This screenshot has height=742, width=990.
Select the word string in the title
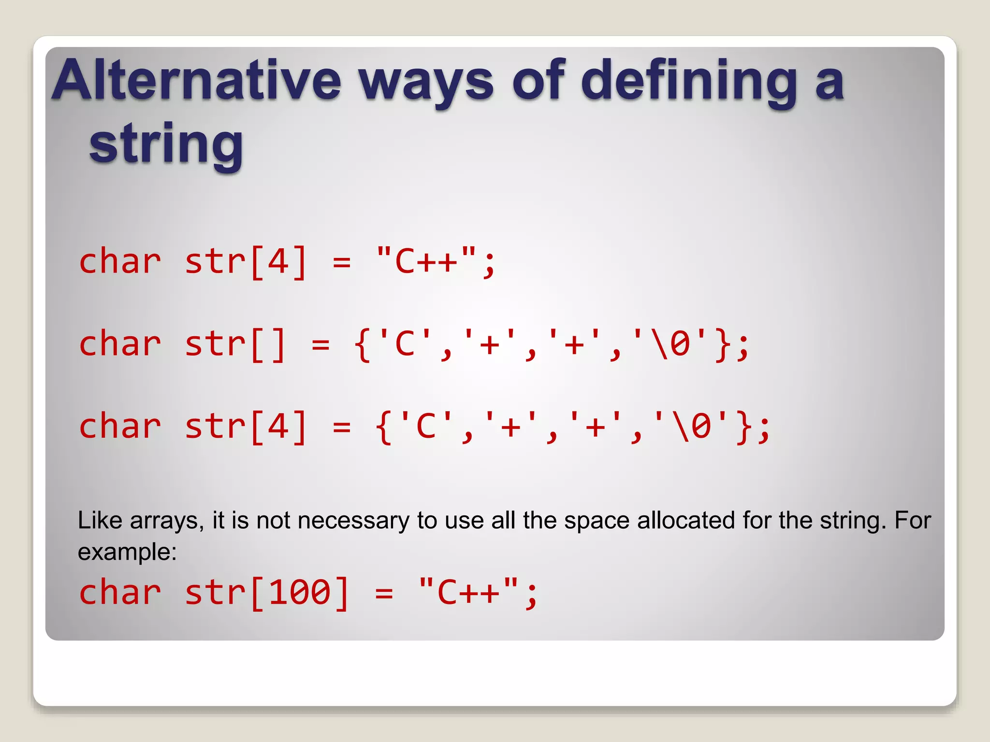tap(166, 144)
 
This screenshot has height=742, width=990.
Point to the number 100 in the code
tap(300, 593)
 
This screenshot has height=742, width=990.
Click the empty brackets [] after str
tap(269, 345)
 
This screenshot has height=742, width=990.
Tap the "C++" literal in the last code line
tap(468, 593)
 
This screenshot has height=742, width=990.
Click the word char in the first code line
tap(120, 261)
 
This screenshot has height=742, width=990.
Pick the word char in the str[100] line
tap(120, 593)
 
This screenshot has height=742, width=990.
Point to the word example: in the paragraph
tap(127, 552)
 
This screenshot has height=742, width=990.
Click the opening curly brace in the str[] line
tap(363, 345)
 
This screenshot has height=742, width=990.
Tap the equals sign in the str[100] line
tap(384, 593)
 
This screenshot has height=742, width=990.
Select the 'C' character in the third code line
tap(426, 427)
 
